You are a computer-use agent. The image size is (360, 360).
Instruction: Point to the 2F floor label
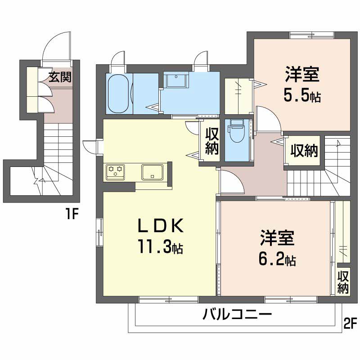[351, 323]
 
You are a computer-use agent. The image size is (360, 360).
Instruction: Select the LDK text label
[161, 226]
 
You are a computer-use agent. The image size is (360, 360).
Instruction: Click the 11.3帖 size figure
[160, 246]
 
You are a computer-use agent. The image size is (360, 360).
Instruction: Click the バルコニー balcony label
[237, 314]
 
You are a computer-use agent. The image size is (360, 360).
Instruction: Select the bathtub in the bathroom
[118, 94]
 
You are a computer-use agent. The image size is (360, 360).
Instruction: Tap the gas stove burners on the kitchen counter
[115, 172]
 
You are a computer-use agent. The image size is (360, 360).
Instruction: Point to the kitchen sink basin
[153, 172]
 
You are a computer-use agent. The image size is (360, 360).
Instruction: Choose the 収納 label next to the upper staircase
[304, 151]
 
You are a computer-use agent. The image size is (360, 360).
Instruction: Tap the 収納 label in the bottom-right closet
[343, 282]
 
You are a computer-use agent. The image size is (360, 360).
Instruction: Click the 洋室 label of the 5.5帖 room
[302, 74]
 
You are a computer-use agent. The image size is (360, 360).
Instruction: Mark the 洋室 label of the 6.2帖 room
[277, 238]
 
